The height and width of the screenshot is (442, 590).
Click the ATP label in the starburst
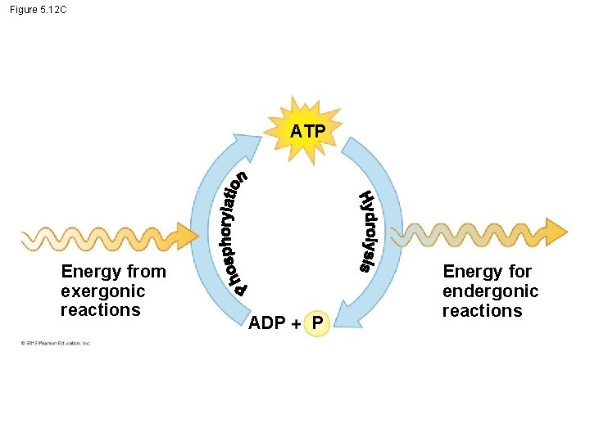click(x=307, y=132)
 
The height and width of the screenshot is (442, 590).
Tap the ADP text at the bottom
click(x=267, y=323)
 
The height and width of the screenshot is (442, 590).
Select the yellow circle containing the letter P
click(x=316, y=324)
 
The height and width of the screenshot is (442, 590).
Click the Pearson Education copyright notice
click(x=56, y=343)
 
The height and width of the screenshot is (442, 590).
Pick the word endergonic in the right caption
click(x=490, y=291)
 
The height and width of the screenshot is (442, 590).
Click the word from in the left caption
click(x=147, y=272)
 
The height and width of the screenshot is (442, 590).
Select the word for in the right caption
click(x=520, y=272)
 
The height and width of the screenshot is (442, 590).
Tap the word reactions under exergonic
click(x=101, y=310)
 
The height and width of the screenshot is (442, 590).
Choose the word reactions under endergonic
click(x=482, y=311)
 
